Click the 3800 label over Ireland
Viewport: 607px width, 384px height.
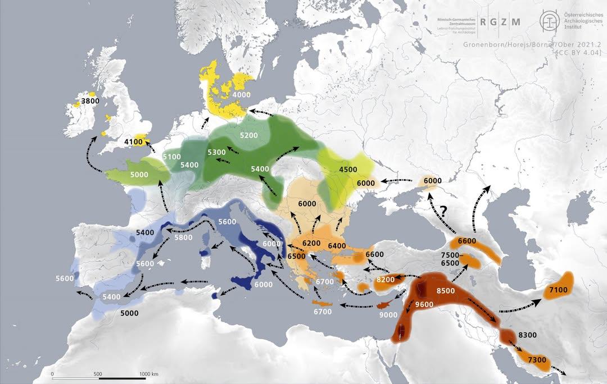click(x=90, y=101)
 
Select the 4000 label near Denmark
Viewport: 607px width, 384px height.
click(x=241, y=95)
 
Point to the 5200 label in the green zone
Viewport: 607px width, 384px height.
click(x=249, y=135)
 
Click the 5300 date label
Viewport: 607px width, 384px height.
click(x=216, y=152)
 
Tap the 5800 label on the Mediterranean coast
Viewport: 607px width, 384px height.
click(x=183, y=237)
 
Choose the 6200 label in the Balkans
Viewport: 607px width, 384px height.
click(x=311, y=243)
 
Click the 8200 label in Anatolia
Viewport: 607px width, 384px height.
click(x=386, y=280)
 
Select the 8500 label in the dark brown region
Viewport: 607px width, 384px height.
click(x=446, y=290)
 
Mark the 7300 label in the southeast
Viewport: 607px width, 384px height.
click(x=537, y=360)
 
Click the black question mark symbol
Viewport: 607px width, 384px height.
click(x=443, y=212)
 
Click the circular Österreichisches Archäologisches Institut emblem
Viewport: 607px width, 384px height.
click(x=549, y=21)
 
